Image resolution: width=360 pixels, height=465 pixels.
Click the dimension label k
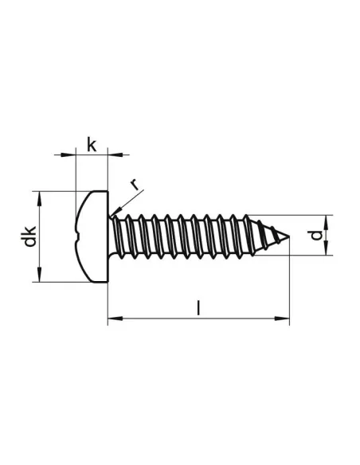(92, 145)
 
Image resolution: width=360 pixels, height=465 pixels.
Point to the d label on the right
(316, 235)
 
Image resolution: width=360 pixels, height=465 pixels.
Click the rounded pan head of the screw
(92, 236)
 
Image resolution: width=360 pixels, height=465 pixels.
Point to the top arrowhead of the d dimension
(327, 221)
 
